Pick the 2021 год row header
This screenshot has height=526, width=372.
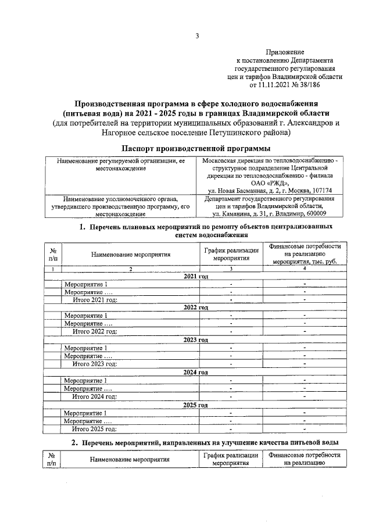pos(196,277)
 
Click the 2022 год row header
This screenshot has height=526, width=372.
pos(196,307)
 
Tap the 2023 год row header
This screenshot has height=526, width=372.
pos(196,339)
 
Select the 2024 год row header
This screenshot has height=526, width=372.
pos(196,372)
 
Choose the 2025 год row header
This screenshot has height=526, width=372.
pos(196,405)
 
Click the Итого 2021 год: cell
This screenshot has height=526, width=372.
pos(94,299)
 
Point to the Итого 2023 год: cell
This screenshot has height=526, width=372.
pos(94,364)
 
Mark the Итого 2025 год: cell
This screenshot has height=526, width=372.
pos(94,429)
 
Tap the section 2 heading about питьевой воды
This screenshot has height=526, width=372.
pos(209,443)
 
